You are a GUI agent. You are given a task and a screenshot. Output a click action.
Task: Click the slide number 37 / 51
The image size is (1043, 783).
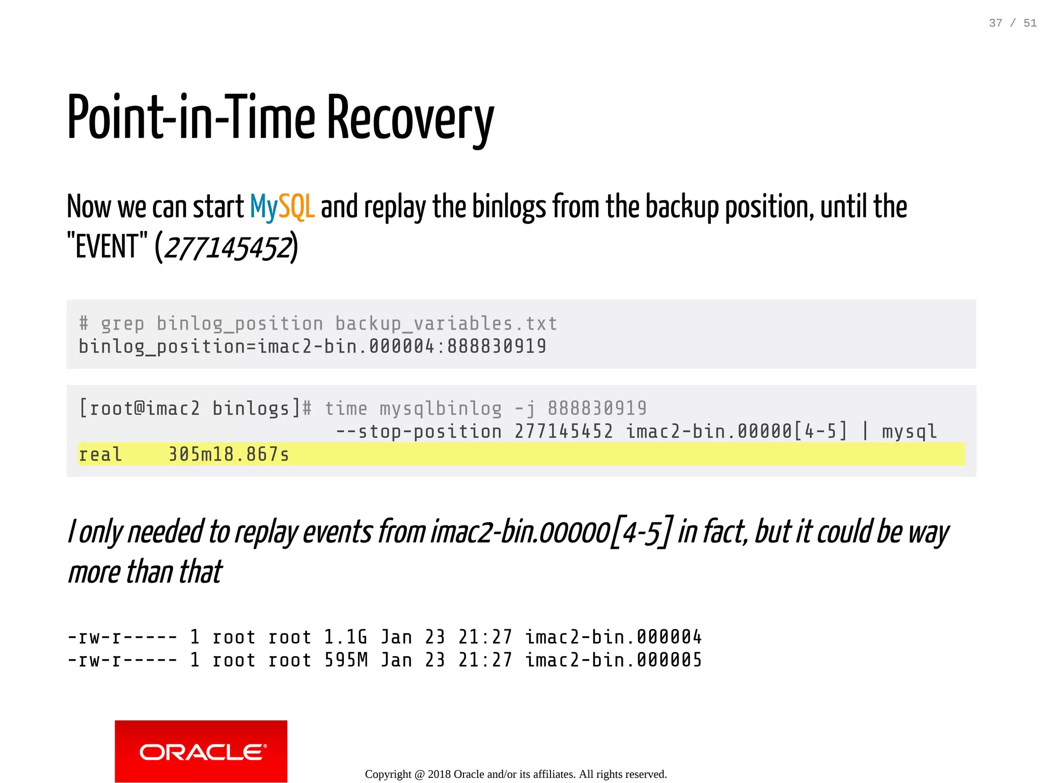pos(1012,23)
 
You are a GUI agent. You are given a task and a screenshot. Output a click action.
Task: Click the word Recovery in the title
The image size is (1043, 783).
pos(410,119)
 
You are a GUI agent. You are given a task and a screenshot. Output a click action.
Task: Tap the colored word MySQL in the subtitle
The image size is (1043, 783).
pos(282,207)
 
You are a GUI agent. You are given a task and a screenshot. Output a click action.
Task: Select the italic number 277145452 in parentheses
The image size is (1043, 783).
pos(228,248)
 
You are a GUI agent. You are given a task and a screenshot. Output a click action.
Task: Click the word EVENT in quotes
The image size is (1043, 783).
pos(107,247)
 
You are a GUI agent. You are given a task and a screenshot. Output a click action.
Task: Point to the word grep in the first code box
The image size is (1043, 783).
pos(123,323)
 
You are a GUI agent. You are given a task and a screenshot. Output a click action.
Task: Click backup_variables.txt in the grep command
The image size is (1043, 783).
pos(446,323)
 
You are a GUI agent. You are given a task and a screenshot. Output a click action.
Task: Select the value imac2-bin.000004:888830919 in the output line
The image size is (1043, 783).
pos(402,346)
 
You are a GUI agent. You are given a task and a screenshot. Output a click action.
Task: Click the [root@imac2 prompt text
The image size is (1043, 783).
pos(140,408)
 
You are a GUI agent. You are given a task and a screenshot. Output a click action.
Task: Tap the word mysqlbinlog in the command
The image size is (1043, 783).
pos(441,408)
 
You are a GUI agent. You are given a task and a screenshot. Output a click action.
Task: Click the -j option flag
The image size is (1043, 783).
pos(525,408)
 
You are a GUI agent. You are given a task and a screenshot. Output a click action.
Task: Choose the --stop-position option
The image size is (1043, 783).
pos(419,431)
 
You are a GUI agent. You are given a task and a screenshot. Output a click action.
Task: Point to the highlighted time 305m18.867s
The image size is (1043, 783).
pos(229,454)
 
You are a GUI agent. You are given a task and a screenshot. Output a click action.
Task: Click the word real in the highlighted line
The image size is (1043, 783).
pos(100,454)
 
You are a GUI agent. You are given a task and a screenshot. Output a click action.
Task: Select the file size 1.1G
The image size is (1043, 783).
pos(345,637)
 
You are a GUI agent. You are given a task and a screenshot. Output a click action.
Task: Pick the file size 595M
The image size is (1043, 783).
pos(346,660)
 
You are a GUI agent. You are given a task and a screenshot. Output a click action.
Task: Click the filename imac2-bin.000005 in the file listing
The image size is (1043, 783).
pos(614,660)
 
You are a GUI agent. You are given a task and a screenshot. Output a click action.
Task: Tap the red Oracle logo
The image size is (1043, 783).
pos(201,751)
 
